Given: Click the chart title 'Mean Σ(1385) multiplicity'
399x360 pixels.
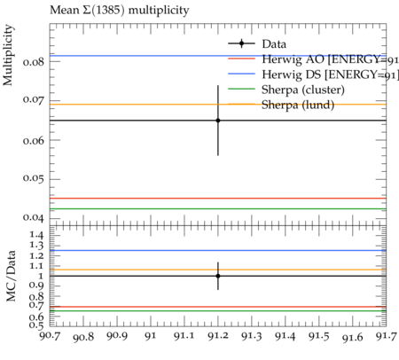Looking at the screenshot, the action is pyautogui.click(x=120, y=11).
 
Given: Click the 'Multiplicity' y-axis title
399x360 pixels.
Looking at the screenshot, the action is pyautogui.click(x=8, y=55).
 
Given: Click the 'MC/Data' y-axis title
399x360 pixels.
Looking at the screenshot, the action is pyautogui.click(x=11, y=276).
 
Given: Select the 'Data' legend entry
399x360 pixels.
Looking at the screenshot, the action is pyautogui.click(x=257, y=43).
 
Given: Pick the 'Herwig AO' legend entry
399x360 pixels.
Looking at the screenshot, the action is pyautogui.click(x=313, y=59).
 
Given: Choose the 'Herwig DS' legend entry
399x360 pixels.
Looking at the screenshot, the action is pyautogui.click(x=313, y=74).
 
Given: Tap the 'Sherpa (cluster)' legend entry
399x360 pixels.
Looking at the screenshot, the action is pyautogui.click(x=286, y=90).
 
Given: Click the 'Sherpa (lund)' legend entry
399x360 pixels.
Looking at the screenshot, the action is pyautogui.click(x=281, y=105).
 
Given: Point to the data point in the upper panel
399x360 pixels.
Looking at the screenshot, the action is pyautogui.click(x=218, y=121).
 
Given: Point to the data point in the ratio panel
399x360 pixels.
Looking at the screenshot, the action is pyautogui.click(x=218, y=276).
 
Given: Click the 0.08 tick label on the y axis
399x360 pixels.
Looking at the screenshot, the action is pyautogui.click(x=34, y=62).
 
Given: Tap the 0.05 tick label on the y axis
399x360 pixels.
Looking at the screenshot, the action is pyautogui.click(x=34, y=179).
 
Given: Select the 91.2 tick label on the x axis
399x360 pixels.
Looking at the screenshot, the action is pyautogui.click(x=218, y=336).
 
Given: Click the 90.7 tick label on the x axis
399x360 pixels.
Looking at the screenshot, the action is pyautogui.click(x=51, y=336).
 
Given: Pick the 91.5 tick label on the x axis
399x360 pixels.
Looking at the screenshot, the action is pyautogui.click(x=319, y=336).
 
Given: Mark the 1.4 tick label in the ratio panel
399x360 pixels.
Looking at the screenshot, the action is pyautogui.click(x=36, y=235).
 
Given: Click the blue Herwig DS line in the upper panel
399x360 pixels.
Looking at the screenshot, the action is pyautogui.click(x=218, y=56).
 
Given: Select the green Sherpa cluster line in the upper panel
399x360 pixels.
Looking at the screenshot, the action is pyautogui.click(x=218, y=208).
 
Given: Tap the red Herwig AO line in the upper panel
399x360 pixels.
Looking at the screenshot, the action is pyautogui.click(x=218, y=198).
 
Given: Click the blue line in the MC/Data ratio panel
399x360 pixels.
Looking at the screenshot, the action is pyautogui.click(x=218, y=250).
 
